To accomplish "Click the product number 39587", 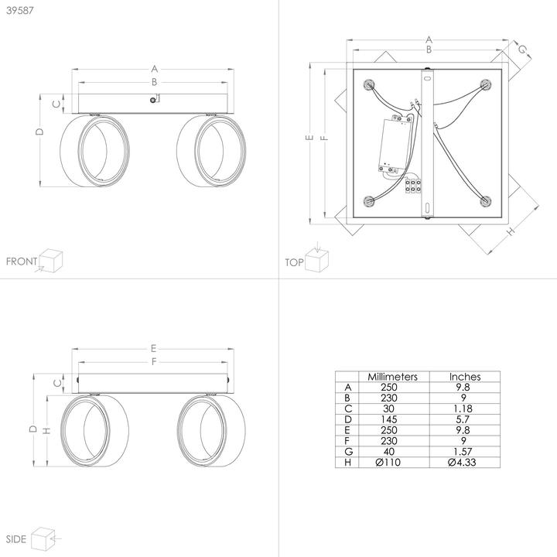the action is click(20, 10).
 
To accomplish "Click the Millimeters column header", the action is click(392, 377).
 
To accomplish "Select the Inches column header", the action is click(465, 377).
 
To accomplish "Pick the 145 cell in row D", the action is click(388, 419).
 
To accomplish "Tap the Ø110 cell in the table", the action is click(388, 462).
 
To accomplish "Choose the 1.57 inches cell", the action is click(463, 452).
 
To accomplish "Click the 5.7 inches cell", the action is click(463, 419).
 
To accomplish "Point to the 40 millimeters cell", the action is click(389, 452).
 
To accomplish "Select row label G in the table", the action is click(348, 452).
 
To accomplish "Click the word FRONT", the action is click(22, 261).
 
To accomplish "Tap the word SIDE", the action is click(16, 539).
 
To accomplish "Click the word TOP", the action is click(294, 262).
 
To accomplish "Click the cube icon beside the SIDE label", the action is click(43, 539).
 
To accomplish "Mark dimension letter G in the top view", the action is click(522, 50).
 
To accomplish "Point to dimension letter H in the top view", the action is click(510, 231).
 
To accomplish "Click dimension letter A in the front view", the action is click(154, 69).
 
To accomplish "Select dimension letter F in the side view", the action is click(154, 361).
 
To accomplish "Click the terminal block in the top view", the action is click(413, 185).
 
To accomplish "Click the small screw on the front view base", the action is click(152, 100).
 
